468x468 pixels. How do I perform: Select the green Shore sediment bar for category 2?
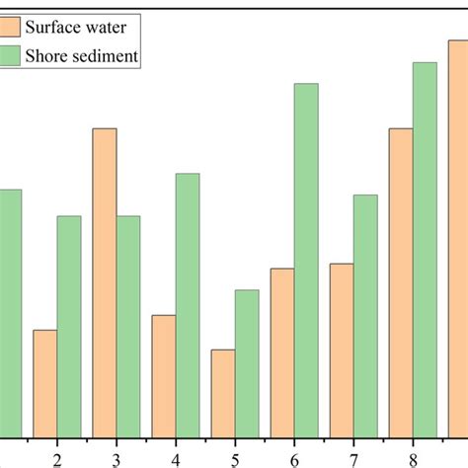(69, 326)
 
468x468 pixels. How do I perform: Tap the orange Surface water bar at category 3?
(105, 282)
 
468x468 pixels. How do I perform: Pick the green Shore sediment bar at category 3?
(128, 326)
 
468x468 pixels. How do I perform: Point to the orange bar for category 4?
(164, 376)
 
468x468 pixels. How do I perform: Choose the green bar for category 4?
(188, 305)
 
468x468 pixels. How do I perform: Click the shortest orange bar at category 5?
(223, 393)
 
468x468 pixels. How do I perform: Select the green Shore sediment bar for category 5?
(247, 363)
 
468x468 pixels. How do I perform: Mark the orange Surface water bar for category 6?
(282, 352)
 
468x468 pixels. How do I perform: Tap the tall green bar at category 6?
(306, 260)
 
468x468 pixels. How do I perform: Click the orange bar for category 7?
(342, 351)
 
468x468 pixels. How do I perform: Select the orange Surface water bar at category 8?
(401, 282)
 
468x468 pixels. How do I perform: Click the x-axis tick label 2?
(57, 459)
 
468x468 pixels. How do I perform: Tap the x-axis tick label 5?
(235, 459)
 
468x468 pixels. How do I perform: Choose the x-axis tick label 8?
(413, 459)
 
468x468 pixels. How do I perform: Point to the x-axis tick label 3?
(117, 459)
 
